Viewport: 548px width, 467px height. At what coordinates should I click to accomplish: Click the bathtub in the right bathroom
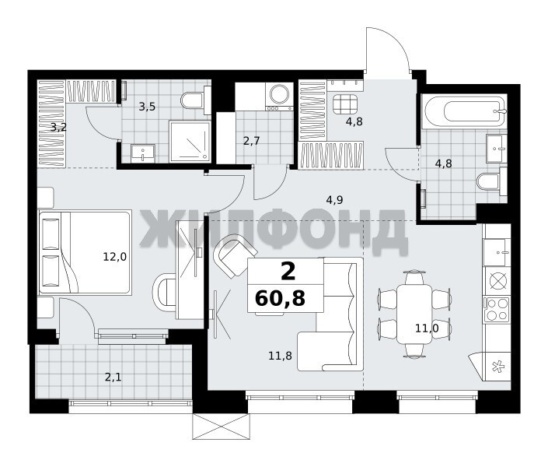pos(464,111)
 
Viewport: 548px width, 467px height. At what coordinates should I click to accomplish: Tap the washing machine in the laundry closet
pos(279,97)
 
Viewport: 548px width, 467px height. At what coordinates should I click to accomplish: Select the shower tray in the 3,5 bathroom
pos(190,141)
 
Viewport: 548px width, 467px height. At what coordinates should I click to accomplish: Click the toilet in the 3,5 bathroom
pos(192,100)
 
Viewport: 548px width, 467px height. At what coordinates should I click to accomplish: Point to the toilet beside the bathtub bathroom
pos(491,181)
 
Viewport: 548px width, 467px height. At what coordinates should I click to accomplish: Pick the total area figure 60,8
pos(281,298)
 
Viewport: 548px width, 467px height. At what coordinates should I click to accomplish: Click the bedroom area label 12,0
pos(114,258)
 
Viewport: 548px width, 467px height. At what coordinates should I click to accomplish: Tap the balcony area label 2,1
pos(113,377)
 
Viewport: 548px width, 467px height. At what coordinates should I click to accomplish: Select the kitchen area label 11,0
pos(427,328)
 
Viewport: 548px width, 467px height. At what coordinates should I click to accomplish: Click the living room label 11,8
pos(281,356)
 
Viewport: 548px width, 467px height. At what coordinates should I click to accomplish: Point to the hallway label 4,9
pos(334,200)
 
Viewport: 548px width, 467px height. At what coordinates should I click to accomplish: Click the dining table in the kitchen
pos(414,314)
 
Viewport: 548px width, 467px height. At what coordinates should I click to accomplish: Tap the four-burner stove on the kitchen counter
pos(496,309)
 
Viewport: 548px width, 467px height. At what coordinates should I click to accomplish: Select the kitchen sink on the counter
pos(496,252)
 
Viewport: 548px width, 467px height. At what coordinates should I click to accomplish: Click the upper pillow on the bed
pos(51,233)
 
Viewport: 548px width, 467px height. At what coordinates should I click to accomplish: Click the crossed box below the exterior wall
pos(222,427)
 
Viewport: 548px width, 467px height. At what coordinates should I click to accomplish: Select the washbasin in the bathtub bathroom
pos(496,148)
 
